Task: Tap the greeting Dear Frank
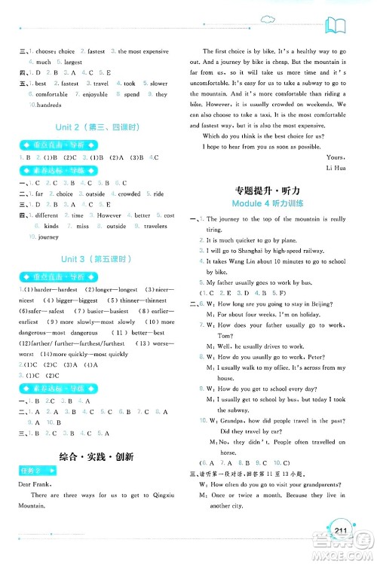pyautogui.click(x=38, y=486)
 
